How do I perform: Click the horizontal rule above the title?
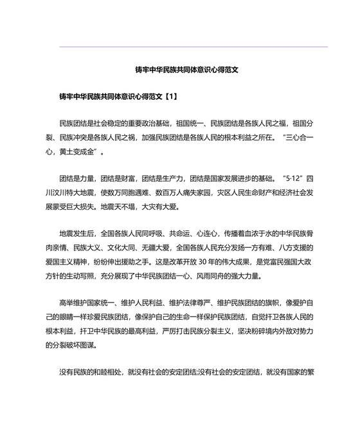coord(193,46)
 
